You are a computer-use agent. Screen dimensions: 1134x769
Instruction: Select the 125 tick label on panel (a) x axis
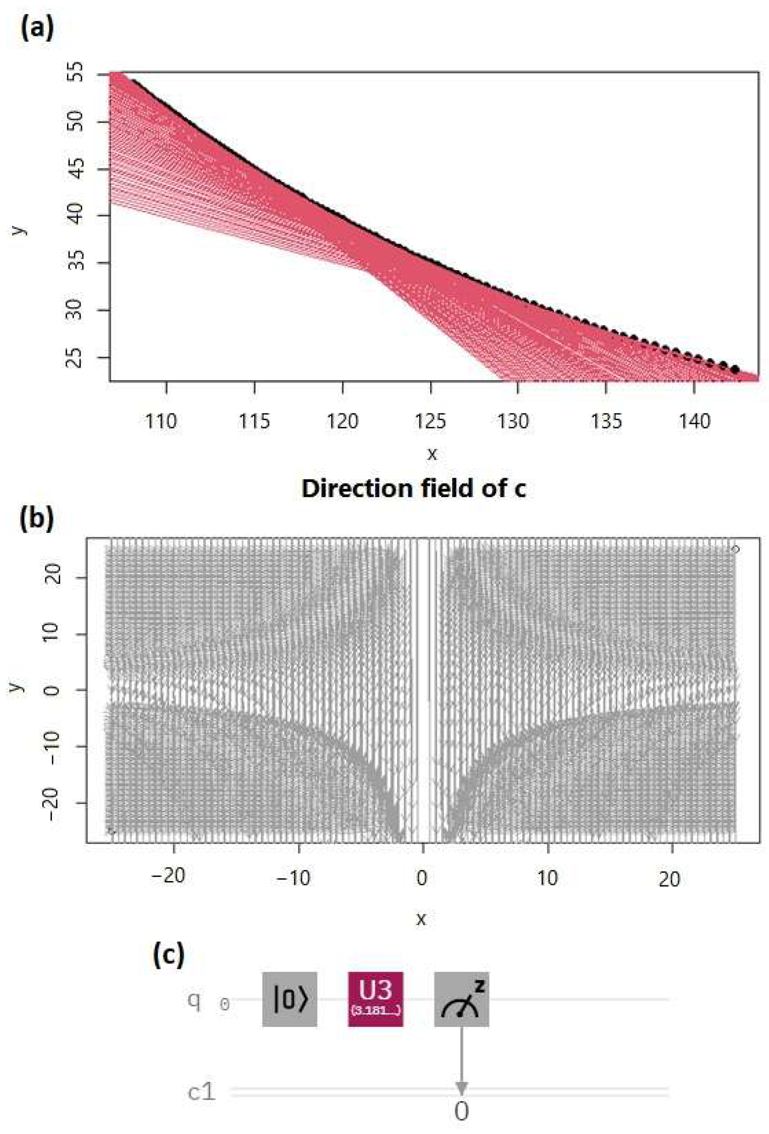point(430,421)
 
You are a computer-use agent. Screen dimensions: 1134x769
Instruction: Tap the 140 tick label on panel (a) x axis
point(694,421)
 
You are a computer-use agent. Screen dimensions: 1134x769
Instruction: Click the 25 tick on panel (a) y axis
point(75,358)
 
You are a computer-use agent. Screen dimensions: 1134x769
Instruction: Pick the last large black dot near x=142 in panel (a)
point(735,369)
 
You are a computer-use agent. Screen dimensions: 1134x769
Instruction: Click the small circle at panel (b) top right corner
point(736,549)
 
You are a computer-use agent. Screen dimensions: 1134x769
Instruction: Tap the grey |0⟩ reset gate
point(289,999)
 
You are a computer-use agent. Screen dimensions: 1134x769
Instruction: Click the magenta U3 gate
point(375,999)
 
